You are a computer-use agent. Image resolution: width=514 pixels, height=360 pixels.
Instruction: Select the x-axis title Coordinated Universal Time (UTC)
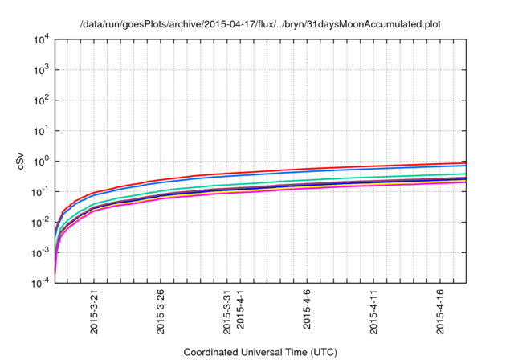(260, 352)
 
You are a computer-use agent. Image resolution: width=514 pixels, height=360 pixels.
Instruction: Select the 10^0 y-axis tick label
(42, 162)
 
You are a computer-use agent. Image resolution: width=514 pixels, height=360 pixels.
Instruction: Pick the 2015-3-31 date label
(227, 312)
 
